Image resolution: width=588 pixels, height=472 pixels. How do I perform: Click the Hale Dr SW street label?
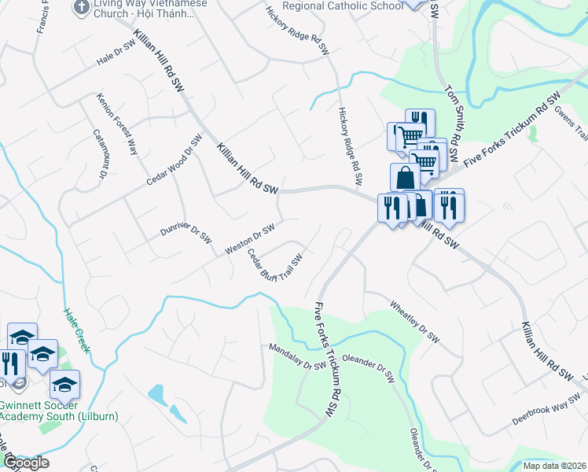tap(116, 53)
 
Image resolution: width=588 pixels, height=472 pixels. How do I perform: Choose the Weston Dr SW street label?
tap(249, 238)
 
